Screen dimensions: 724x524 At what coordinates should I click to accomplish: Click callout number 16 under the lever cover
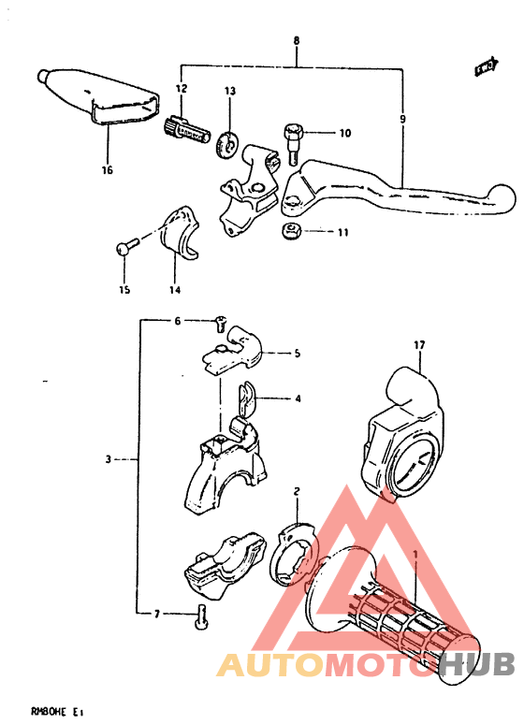pyautogui.click(x=107, y=170)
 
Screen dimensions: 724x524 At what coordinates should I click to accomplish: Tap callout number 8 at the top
pyautogui.click(x=297, y=41)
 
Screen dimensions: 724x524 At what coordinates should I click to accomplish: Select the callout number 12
pyautogui.click(x=181, y=88)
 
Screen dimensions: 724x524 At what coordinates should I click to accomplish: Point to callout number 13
pyautogui.click(x=230, y=91)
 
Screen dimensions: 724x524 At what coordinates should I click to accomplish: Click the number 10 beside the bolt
pyautogui.click(x=344, y=133)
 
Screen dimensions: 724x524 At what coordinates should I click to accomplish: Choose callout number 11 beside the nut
pyautogui.click(x=342, y=231)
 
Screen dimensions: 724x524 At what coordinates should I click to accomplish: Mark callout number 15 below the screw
pyautogui.click(x=124, y=290)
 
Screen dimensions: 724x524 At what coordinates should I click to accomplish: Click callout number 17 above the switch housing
pyautogui.click(x=420, y=345)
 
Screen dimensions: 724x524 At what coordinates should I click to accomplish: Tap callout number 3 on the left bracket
pyautogui.click(x=109, y=459)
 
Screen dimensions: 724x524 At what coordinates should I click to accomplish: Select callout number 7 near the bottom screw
pyautogui.click(x=157, y=614)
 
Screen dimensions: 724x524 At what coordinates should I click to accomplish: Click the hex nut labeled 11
pyautogui.click(x=291, y=230)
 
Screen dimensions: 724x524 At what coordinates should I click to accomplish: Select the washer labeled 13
pyautogui.click(x=226, y=143)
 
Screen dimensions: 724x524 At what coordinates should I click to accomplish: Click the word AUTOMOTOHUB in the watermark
pyautogui.click(x=365, y=665)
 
